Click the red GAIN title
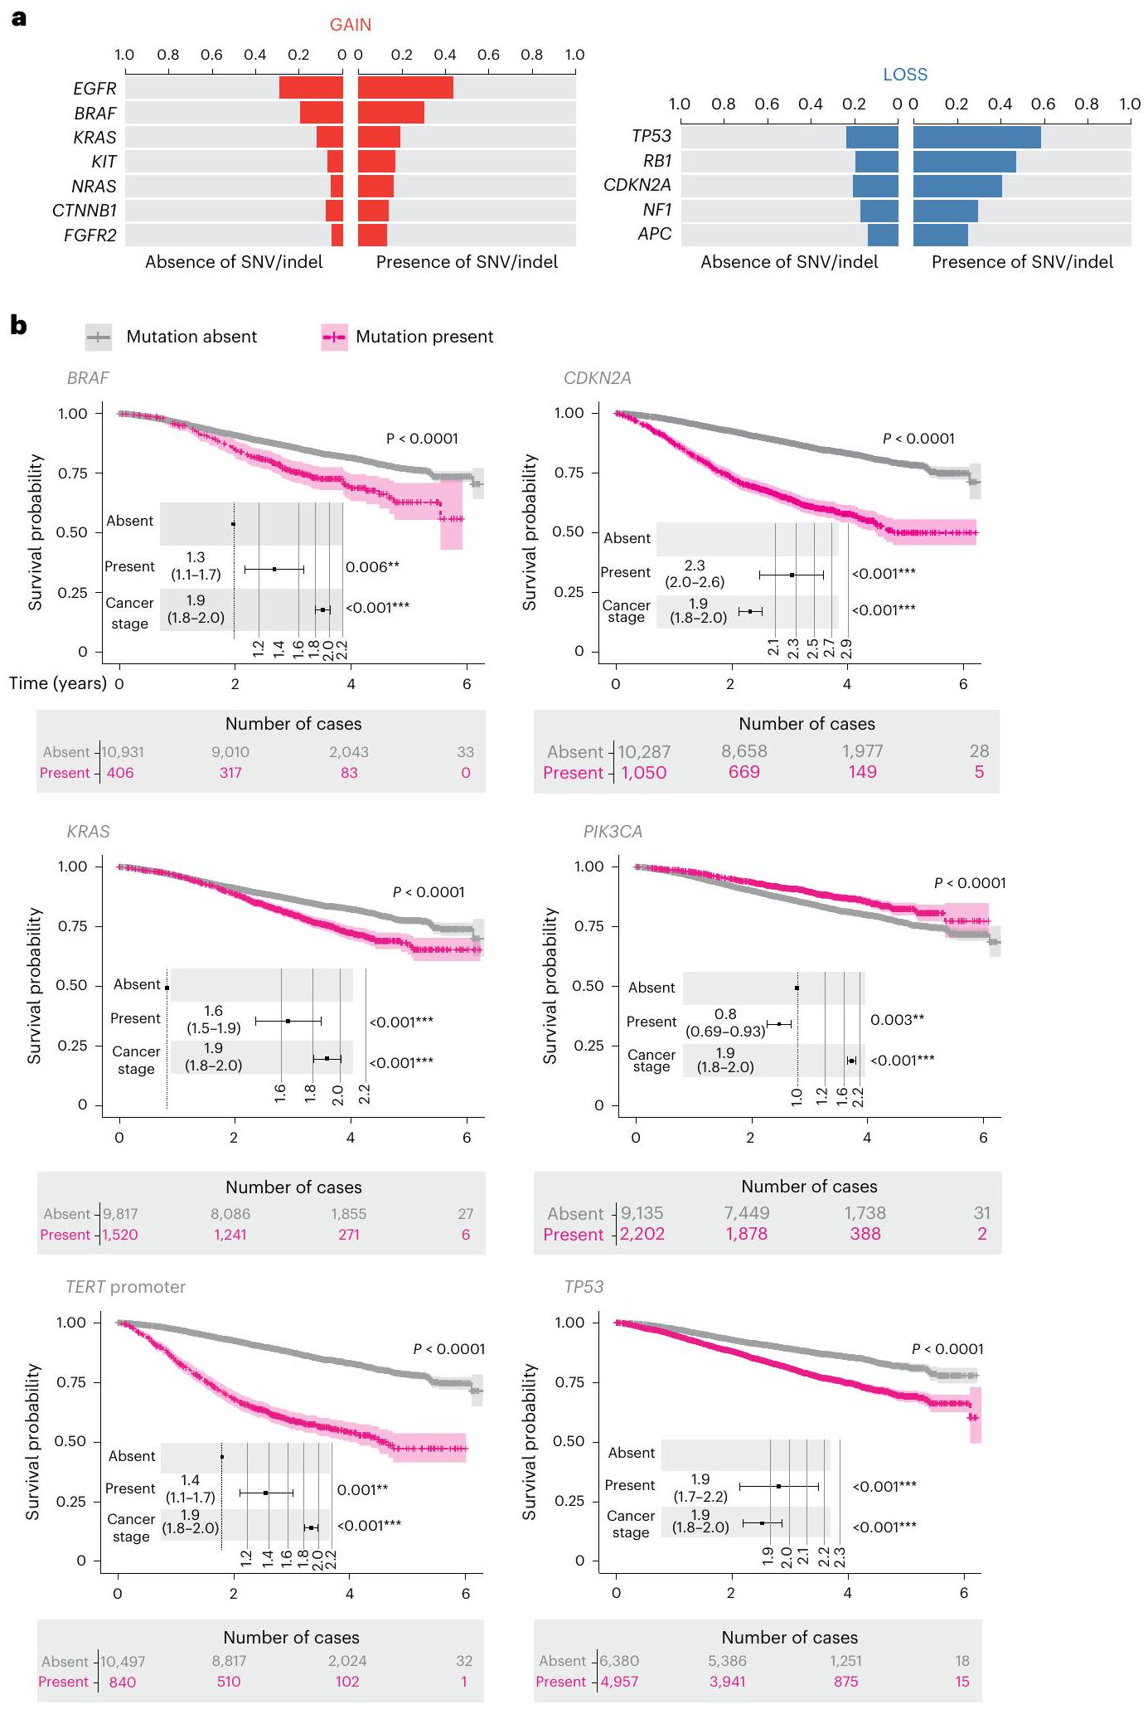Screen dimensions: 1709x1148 [350, 25]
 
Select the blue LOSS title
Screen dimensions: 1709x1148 [904, 75]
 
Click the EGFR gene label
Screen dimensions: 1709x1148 [94, 88]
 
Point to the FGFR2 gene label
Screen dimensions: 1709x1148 [90, 235]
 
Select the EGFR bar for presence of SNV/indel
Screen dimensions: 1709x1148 [405, 88]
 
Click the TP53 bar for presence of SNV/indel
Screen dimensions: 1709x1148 [976, 137]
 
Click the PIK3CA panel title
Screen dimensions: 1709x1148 [613, 832]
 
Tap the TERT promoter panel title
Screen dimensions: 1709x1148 [125, 1287]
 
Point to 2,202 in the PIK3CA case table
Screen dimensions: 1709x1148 [642, 1234]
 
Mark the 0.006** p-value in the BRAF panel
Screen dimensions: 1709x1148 [372, 567]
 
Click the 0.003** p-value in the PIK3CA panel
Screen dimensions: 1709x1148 [897, 1020]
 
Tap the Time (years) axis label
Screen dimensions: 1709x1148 [58, 683]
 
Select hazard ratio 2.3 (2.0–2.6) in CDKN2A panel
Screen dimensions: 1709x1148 [695, 574]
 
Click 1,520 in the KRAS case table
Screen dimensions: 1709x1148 [119, 1235]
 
